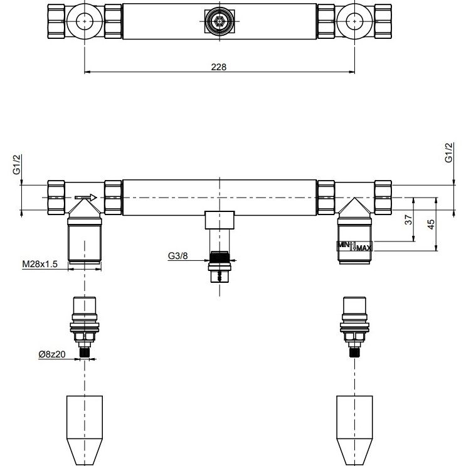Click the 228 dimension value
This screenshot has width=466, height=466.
point(219,67)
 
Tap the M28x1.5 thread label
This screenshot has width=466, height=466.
point(40,264)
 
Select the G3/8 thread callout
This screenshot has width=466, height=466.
point(177,256)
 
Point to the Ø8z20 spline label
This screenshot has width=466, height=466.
point(52,354)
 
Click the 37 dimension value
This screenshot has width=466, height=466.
point(409,220)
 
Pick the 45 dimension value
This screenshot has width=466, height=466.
point(431,224)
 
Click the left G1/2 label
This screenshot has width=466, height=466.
point(17,164)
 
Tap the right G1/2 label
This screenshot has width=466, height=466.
point(449,153)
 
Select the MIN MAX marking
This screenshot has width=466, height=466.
point(354,246)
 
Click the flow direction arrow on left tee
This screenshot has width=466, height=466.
point(86,198)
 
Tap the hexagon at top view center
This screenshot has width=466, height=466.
point(220,21)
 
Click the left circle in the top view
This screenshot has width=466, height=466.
point(85,21)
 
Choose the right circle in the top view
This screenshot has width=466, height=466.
point(354,21)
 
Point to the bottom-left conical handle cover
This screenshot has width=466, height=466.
point(85,430)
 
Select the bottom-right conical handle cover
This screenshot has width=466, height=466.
point(354,430)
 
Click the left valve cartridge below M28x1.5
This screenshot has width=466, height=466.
point(85,327)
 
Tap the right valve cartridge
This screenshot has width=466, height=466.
point(354,327)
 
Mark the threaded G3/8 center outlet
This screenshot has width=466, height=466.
point(220,267)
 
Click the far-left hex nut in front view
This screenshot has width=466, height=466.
point(56,198)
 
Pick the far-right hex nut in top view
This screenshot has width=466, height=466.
point(383,21)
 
